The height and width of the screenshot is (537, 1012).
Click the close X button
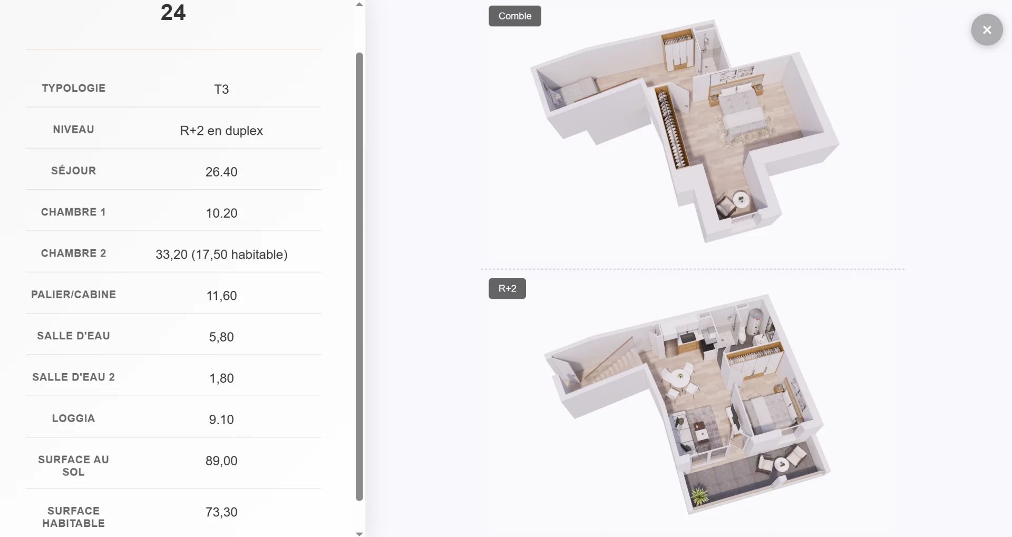pos(987,30)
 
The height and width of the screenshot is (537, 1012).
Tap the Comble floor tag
pos(514,16)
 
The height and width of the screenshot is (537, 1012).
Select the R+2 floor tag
pos(507,288)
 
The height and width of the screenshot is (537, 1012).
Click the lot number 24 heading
pos(173,13)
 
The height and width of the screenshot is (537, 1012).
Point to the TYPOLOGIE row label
pos(74,88)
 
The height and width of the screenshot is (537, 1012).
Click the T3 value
pos(221,89)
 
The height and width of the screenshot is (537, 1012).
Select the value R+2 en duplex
pos(221,130)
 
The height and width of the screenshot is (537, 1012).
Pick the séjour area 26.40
pos(221,172)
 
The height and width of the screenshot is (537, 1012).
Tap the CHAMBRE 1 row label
pos(73,212)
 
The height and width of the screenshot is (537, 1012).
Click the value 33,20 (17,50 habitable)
pos(221,255)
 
